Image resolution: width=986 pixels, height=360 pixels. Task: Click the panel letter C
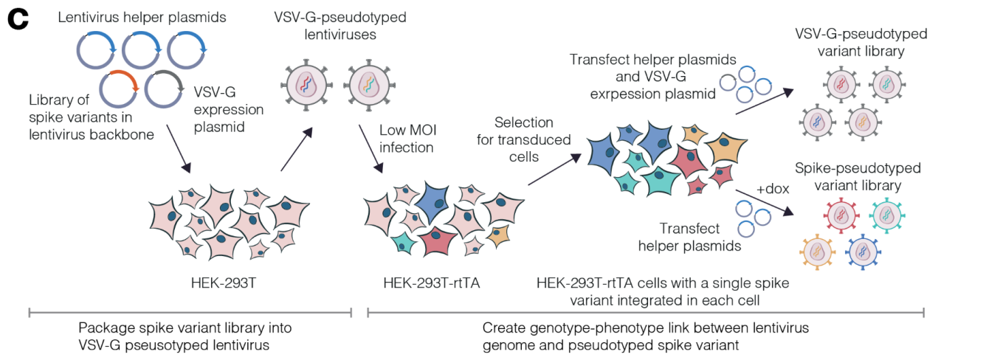tap(18, 19)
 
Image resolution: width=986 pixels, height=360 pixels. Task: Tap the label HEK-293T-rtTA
tap(431, 283)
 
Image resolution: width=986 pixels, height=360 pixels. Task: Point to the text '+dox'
tap(773, 188)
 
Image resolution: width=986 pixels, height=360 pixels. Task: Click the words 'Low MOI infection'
tap(407, 139)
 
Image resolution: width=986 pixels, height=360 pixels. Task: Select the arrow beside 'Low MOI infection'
tap(370, 148)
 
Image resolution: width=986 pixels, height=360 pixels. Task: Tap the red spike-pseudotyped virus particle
tap(841, 215)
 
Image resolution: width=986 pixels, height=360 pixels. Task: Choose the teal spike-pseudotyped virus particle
tap(886, 215)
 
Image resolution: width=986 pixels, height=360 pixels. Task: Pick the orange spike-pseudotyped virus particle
tap(818, 252)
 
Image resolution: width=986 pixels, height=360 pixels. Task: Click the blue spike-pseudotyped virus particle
tap(863, 252)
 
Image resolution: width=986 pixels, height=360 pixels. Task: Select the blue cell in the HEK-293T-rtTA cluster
tap(432, 202)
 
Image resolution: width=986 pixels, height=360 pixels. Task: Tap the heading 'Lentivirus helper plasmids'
tap(142, 17)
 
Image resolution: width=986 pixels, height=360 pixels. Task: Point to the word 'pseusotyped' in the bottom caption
tap(161, 345)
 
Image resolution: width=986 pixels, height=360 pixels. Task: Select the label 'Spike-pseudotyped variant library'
tap(858, 176)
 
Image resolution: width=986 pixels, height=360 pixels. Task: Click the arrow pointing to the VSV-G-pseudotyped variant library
tap(765, 102)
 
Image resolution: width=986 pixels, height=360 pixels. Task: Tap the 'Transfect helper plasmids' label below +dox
tap(690, 237)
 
